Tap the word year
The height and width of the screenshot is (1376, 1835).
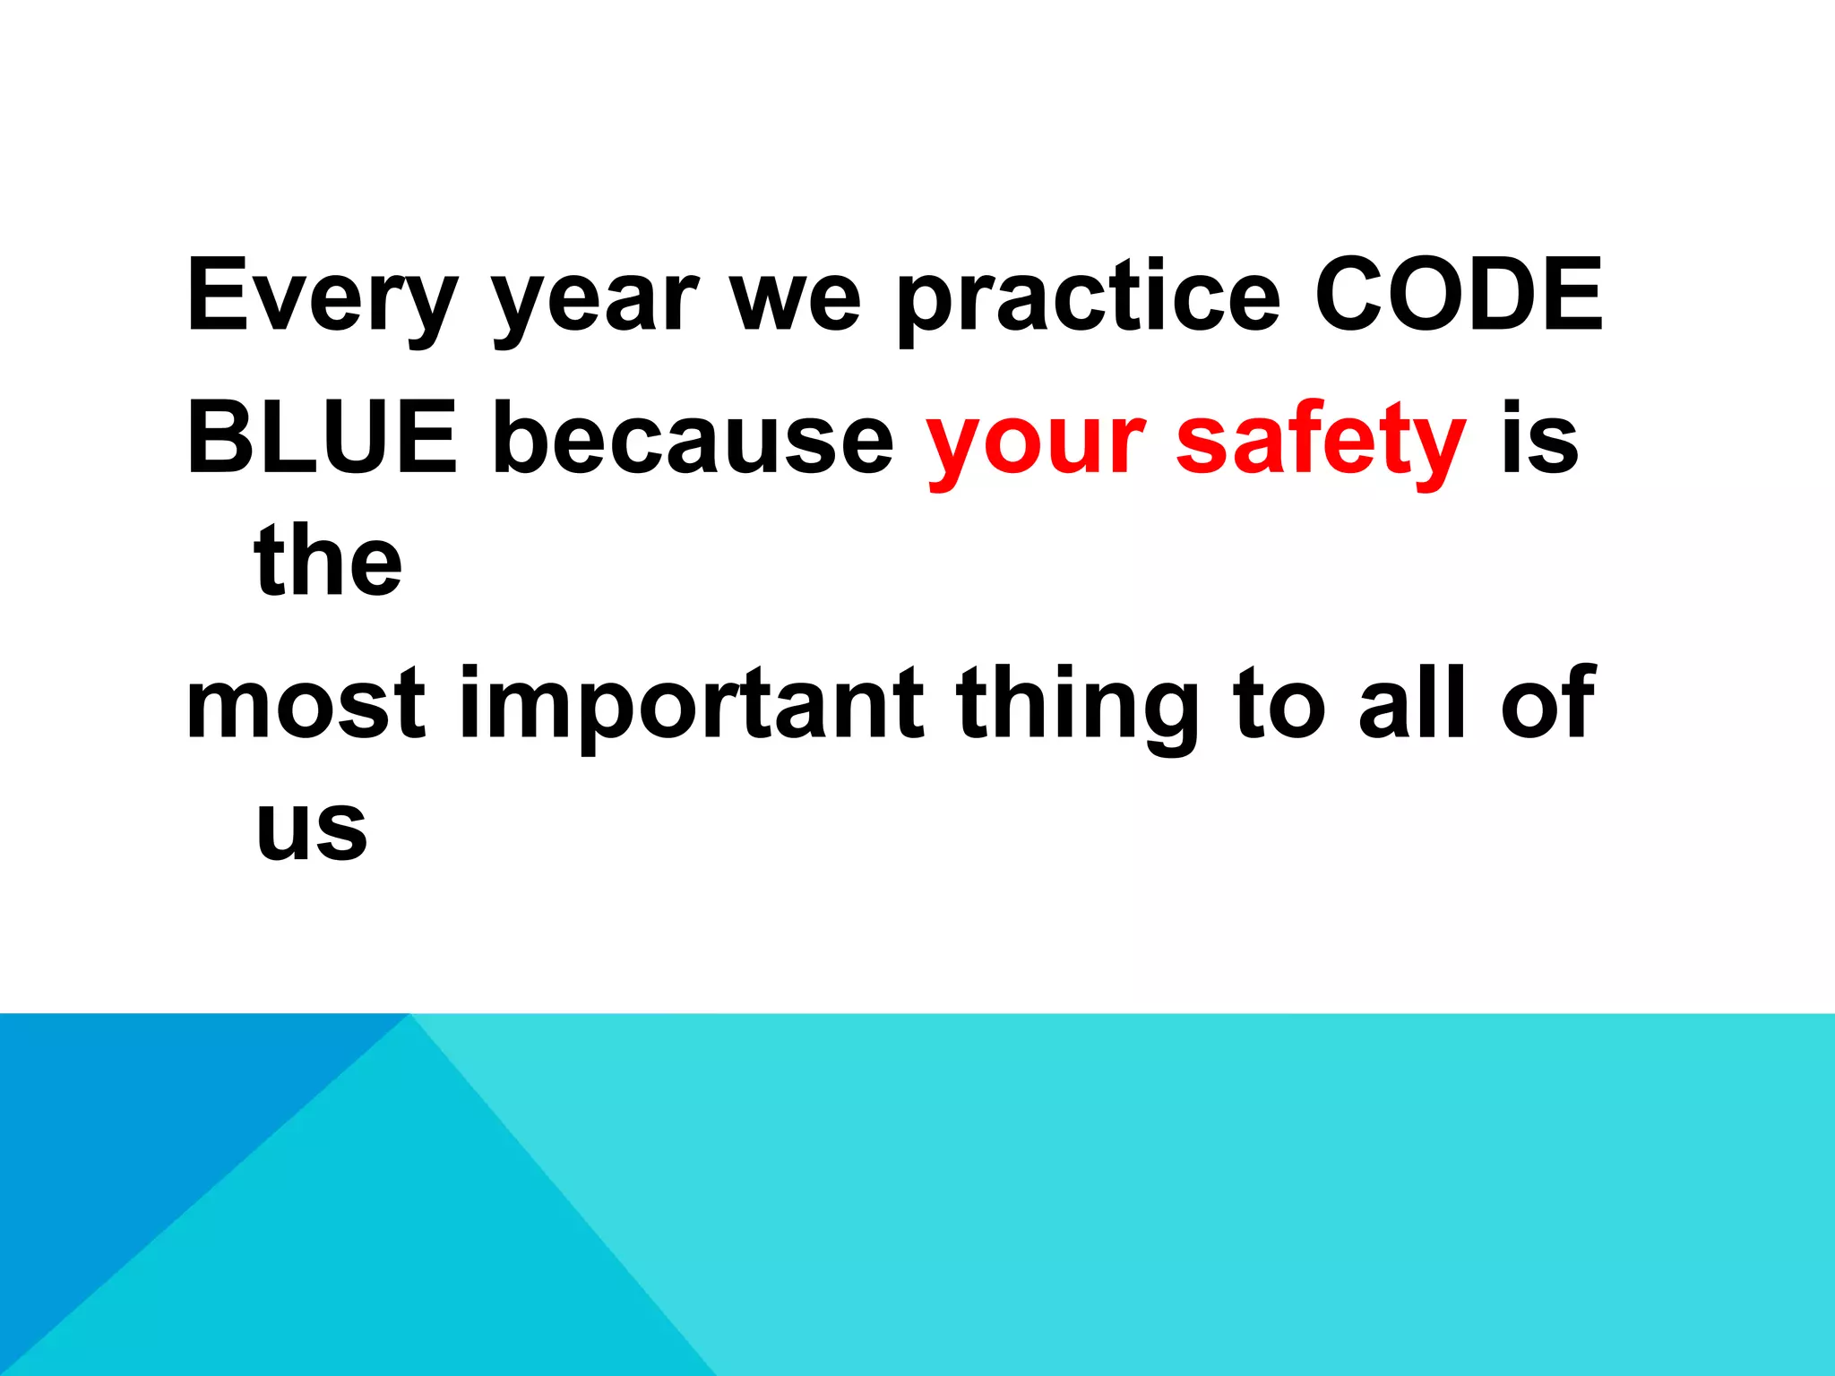[x=595, y=300]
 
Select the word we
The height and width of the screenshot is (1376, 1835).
[x=796, y=300]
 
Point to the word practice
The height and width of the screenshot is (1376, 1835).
[x=1089, y=300]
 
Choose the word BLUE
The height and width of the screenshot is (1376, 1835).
[x=321, y=439]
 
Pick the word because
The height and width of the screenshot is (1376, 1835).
[x=693, y=439]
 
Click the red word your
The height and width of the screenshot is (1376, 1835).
[x=1036, y=443]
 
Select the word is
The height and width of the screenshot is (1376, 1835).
[x=1539, y=439]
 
